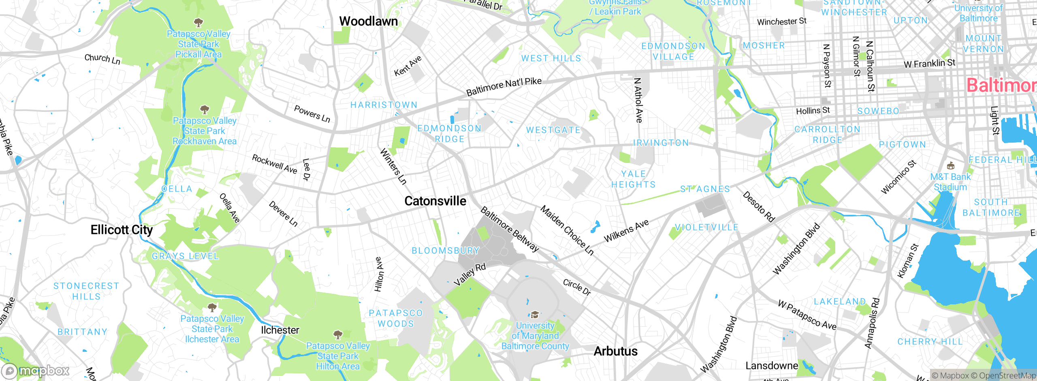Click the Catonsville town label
[435, 201]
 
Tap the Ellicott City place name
[122, 230]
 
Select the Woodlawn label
[369, 21]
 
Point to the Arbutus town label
[616, 351]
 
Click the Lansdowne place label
[772, 366]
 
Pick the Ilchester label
[280, 330]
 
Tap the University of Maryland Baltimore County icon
[535, 315]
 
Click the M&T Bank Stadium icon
[950, 166]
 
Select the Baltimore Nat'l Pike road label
[504, 86]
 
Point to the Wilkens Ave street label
[626, 231]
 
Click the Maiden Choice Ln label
[567, 230]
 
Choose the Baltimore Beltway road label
[510, 229]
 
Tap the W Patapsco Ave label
[807, 315]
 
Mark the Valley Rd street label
[469, 274]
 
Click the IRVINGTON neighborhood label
[661, 143]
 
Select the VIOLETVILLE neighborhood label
[707, 227]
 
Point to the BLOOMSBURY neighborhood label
[446, 250]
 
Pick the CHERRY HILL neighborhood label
[930, 342]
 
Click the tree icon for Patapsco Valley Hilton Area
[338, 334]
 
